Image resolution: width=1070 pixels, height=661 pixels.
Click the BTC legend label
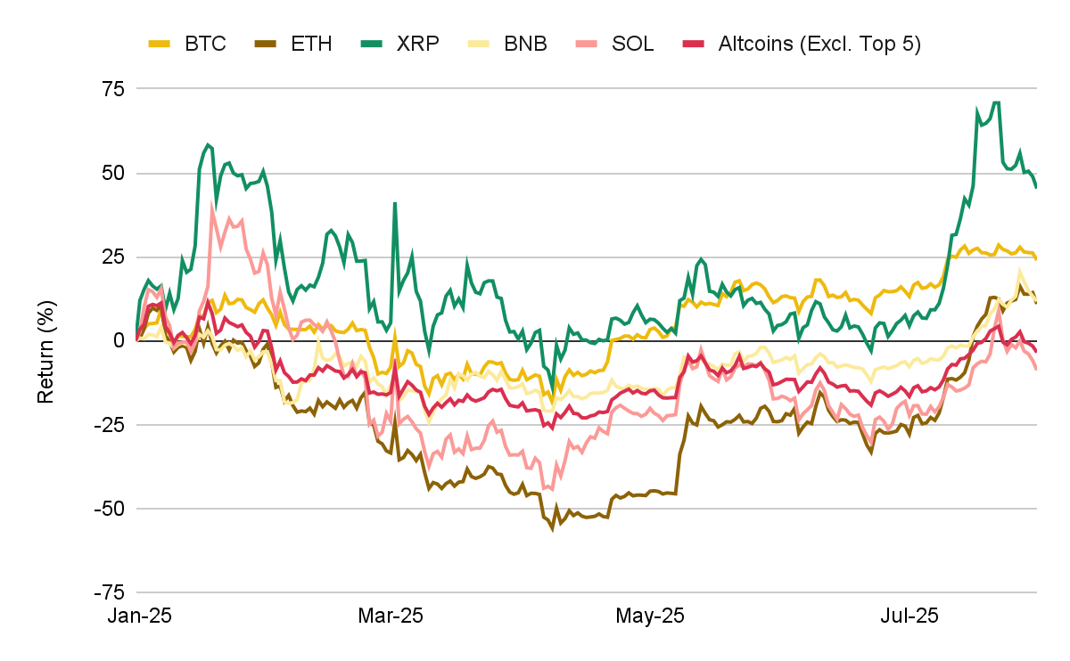(x=205, y=44)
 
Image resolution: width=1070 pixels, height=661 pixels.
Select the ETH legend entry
(x=311, y=44)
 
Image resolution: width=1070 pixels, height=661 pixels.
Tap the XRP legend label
(x=418, y=44)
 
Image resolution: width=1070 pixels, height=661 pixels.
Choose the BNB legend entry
(x=525, y=44)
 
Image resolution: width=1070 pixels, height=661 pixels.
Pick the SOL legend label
(x=632, y=44)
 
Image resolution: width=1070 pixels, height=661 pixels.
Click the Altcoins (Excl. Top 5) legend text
(x=819, y=44)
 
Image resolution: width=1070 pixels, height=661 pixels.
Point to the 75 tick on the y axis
(x=113, y=89)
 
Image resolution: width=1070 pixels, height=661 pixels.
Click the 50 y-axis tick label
(x=113, y=173)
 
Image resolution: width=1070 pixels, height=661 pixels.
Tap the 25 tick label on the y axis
(x=113, y=257)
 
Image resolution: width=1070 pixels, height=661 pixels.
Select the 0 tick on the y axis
(x=119, y=341)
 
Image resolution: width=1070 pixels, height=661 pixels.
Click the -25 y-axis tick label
(x=110, y=425)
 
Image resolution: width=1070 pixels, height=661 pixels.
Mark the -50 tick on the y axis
(x=110, y=509)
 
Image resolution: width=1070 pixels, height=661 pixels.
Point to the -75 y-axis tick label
(x=110, y=592)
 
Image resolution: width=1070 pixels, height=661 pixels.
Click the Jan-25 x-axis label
(x=139, y=616)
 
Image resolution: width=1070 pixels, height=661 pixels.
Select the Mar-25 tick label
(x=391, y=616)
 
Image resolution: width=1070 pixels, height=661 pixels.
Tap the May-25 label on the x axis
(x=650, y=616)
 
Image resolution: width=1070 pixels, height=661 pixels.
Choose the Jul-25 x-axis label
(x=909, y=616)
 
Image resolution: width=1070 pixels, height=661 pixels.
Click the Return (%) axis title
(x=45, y=352)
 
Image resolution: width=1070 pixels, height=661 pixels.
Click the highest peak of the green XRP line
(x=996, y=102)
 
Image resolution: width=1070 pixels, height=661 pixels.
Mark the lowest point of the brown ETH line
(x=553, y=529)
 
